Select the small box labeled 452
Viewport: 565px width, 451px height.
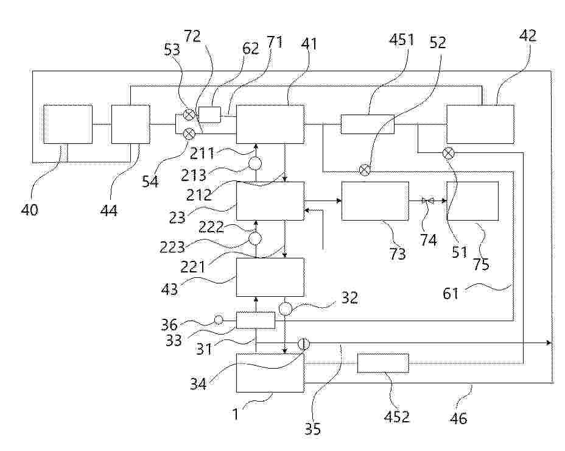pos(383,364)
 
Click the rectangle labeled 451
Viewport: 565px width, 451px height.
pos(367,124)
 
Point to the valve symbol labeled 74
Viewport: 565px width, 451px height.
pos(427,200)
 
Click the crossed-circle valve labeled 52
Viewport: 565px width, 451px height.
pos(364,169)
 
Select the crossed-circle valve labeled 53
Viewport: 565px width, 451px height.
pos(190,113)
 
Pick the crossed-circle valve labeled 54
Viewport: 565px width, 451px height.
pos(190,132)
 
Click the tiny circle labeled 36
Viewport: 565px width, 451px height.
pos(219,320)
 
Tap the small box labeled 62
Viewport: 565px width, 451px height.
pos(209,115)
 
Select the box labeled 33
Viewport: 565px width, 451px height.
pos(255,319)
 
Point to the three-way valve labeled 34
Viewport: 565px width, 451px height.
pos(303,344)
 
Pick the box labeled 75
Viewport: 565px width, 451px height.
pos(472,201)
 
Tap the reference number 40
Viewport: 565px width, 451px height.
pos(30,210)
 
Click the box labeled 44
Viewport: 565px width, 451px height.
pos(130,124)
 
